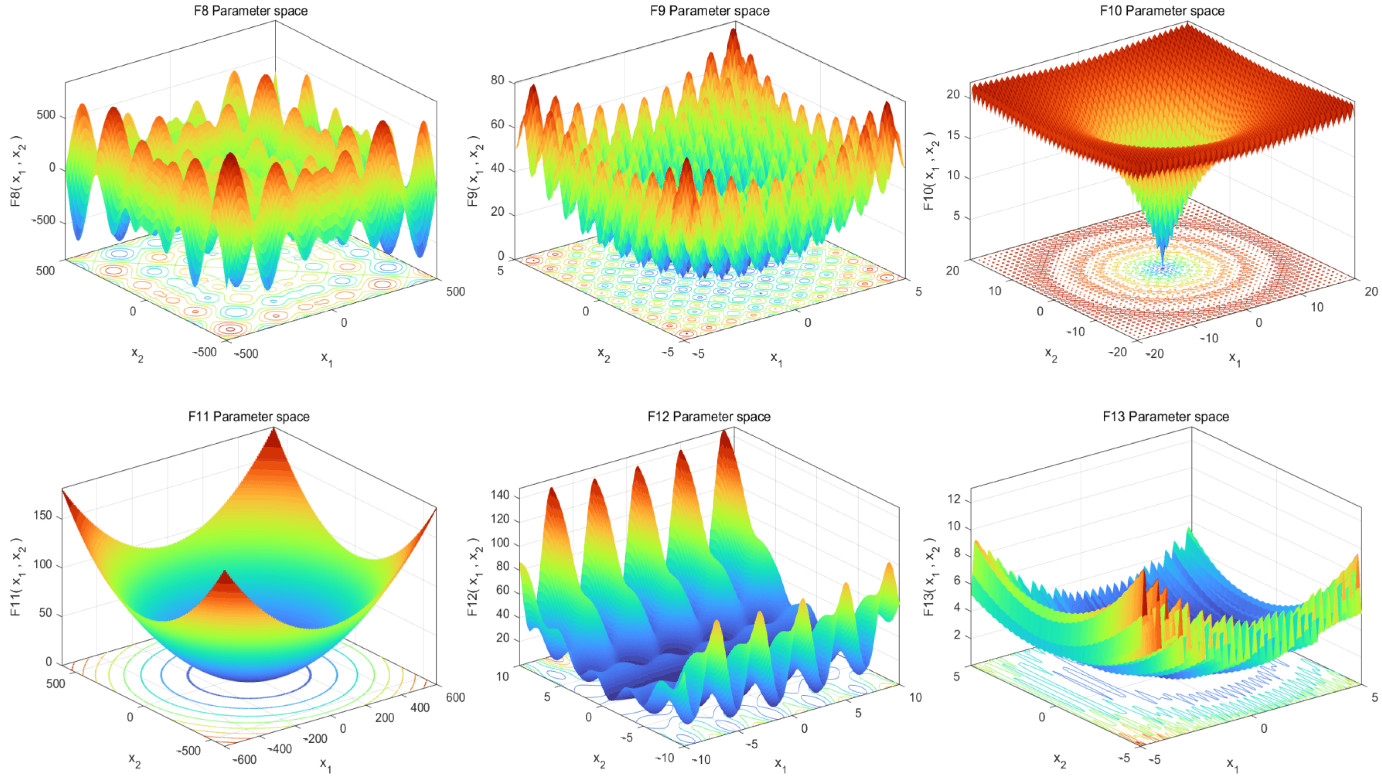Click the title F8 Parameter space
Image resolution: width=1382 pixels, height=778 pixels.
(250, 11)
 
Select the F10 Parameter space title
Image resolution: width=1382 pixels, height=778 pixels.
(1162, 11)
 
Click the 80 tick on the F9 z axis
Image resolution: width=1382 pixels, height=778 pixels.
(497, 80)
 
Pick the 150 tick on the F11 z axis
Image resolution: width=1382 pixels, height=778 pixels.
(43, 515)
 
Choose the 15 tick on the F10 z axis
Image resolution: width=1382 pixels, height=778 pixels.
(953, 135)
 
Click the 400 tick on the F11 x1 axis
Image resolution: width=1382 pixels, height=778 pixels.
(420, 708)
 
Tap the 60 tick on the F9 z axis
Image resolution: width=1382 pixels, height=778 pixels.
(497, 124)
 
